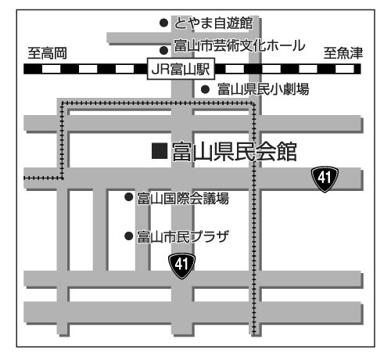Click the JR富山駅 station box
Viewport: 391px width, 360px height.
[x=181, y=69]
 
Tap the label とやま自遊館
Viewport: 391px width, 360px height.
[x=213, y=23]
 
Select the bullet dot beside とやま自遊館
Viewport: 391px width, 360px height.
[x=163, y=23]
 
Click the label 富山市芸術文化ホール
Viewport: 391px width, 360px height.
[x=239, y=46]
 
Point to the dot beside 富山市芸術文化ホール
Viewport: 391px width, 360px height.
[x=163, y=51]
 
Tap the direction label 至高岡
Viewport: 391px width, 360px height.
[x=48, y=53]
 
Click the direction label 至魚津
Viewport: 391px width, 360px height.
[x=343, y=53]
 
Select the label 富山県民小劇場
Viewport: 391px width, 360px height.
[x=264, y=89]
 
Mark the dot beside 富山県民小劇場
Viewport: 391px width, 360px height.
[x=205, y=89]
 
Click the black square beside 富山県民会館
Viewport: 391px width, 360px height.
[x=160, y=151]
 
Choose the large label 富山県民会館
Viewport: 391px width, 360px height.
[x=235, y=151]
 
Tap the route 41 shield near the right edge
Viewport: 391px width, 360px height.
[x=325, y=178]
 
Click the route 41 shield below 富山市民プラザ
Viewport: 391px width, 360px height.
[x=181, y=265]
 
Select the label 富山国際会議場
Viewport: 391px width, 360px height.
[x=183, y=198]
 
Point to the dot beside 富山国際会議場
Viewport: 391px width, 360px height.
[x=129, y=197]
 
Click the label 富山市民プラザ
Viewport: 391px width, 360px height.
[x=183, y=236]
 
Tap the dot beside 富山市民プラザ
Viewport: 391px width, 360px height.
[x=129, y=236]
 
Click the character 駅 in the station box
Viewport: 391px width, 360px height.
[x=203, y=70]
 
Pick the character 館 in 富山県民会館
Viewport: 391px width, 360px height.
[x=287, y=151]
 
